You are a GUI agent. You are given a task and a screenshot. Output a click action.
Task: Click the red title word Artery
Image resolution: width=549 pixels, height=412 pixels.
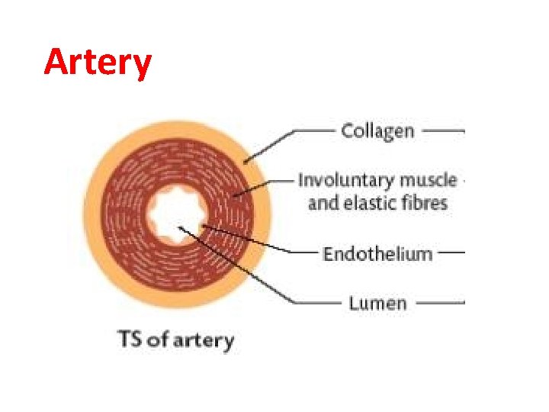[x=98, y=63]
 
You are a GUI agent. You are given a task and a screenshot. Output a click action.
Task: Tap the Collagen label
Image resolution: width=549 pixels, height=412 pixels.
[x=377, y=130]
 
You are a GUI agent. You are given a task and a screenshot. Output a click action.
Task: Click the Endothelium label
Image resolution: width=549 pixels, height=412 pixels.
[x=377, y=253]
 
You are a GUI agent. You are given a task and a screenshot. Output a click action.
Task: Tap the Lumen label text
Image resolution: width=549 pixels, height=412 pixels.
[x=377, y=303]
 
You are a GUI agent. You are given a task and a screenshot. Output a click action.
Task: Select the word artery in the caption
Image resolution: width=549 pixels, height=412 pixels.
[x=204, y=340]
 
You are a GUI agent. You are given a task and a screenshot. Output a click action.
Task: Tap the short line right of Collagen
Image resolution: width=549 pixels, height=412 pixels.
[x=443, y=130]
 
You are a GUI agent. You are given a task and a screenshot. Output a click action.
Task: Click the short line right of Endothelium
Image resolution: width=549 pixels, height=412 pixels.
[x=451, y=253]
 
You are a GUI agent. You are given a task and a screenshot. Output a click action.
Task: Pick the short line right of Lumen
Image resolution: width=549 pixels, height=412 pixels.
[x=440, y=303]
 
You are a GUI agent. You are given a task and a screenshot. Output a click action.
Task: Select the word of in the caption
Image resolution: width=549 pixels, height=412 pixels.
[x=156, y=339]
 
